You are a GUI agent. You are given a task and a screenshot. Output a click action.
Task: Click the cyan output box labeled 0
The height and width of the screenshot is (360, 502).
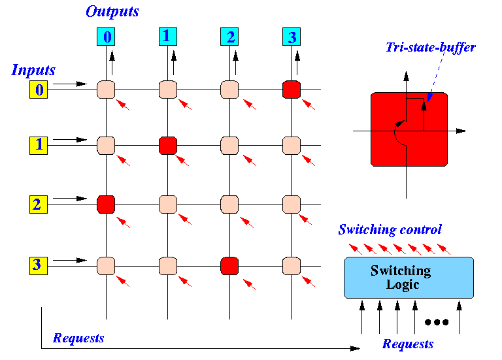pos(106,37)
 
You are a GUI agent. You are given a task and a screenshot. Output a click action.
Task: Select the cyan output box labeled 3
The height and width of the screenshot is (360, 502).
pos(292,37)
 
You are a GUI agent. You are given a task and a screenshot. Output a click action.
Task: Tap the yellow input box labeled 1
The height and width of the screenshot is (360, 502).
pos(39,146)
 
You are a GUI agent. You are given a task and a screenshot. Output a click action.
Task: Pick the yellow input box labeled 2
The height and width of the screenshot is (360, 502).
pos(39,204)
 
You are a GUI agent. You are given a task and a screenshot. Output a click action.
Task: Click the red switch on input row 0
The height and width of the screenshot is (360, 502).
pos(292,90)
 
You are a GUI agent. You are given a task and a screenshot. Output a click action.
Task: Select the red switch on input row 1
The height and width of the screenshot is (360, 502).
pos(168,146)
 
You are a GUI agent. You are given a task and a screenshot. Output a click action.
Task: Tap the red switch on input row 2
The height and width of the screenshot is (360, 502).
pos(106,204)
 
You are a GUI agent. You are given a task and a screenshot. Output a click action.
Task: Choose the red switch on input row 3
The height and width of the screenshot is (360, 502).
pos(229,266)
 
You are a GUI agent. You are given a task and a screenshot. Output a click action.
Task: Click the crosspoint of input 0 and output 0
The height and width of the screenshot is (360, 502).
pos(106,90)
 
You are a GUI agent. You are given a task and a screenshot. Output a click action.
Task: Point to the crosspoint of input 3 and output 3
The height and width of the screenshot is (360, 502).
pos(292,266)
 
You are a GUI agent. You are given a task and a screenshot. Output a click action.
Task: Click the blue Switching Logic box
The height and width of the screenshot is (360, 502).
pos(409,278)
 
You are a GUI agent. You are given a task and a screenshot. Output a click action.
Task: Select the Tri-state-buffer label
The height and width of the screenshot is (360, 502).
pos(431,47)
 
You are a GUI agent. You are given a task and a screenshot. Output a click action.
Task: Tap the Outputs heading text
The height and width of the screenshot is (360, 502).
pos(112,12)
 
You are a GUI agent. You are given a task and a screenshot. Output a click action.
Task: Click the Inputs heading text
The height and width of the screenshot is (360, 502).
pos(33,70)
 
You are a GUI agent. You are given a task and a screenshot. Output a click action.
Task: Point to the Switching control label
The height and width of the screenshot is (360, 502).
pos(390,229)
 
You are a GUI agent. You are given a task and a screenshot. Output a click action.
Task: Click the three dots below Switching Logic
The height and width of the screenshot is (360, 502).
pos(437,322)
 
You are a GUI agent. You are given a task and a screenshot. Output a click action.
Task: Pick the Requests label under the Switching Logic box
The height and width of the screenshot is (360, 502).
pos(408,344)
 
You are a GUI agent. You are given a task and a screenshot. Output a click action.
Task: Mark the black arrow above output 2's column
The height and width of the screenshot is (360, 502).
pos(235,63)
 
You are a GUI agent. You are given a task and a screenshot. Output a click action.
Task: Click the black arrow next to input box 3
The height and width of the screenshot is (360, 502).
pos(70,261)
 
